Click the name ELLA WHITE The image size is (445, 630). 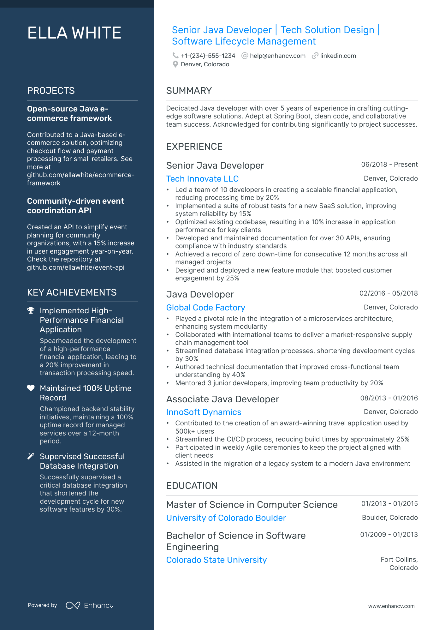point(74,33)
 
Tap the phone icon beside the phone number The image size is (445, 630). point(175,56)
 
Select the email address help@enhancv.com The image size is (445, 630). point(277,56)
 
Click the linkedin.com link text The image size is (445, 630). point(338,56)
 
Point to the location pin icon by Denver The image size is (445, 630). point(175,64)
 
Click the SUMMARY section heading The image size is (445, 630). point(189,91)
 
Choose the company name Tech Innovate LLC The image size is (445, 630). point(202,179)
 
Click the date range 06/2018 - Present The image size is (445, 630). point(389,165)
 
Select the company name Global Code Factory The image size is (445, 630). point(205,308)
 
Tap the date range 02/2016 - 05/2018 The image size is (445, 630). point(388,293)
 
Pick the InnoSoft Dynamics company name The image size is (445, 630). point(204,412)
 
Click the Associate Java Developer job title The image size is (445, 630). point(222,399)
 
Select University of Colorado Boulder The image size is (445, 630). point(226,518)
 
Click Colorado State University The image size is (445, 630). point(216,560)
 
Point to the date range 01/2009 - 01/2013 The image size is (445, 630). point(389,535)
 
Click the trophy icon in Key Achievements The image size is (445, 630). point(31,311)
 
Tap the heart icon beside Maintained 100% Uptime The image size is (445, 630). point(31,388)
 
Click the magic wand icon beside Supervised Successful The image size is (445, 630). point(31,456)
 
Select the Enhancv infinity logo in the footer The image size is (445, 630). point(73,605)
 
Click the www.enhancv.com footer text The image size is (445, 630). point(391,606)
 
